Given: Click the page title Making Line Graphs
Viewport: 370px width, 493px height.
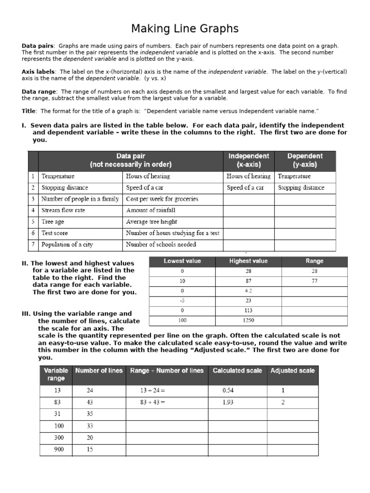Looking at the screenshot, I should tap(185, 28).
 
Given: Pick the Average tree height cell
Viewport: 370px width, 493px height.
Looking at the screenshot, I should tap(151, 222).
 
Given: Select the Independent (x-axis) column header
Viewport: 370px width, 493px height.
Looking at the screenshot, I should tap(249, 160).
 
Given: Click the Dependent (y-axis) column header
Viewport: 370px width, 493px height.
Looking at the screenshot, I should tap(305, 160).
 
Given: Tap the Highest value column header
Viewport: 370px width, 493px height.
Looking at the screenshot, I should tap(249, 261).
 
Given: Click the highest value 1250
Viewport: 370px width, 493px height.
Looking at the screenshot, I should tap(249, 320).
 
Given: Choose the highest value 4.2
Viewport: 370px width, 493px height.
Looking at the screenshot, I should tap(249, 291).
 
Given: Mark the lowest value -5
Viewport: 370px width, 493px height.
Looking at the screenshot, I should tap(182, 300).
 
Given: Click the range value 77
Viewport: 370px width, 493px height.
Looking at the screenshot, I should tap(314, 281).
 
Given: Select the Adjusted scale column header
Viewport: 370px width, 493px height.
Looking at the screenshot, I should tap(292, 371).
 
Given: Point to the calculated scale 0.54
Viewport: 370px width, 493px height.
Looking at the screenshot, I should tap(228, 390).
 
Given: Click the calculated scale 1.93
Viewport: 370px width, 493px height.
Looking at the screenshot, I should tap(228, 402).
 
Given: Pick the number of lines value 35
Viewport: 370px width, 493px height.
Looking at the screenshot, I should tap(90, 414).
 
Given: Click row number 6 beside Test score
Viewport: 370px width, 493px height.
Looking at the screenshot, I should tap(33, 233).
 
